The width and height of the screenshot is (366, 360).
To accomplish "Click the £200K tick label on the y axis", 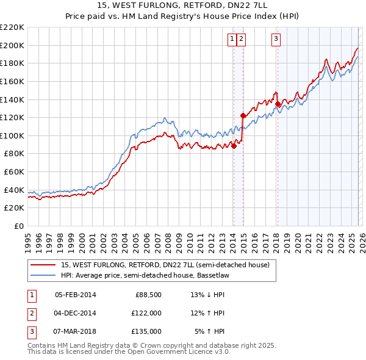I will pos(12,45).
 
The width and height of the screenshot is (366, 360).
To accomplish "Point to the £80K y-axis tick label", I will pos(14,154).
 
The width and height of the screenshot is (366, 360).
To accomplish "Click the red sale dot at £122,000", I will pos(243,115).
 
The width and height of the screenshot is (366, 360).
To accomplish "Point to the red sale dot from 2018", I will pos(278,104).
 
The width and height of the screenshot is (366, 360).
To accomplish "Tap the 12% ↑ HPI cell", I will pos(208,313).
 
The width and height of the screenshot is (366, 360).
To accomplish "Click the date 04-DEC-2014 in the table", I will pos(75,313).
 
